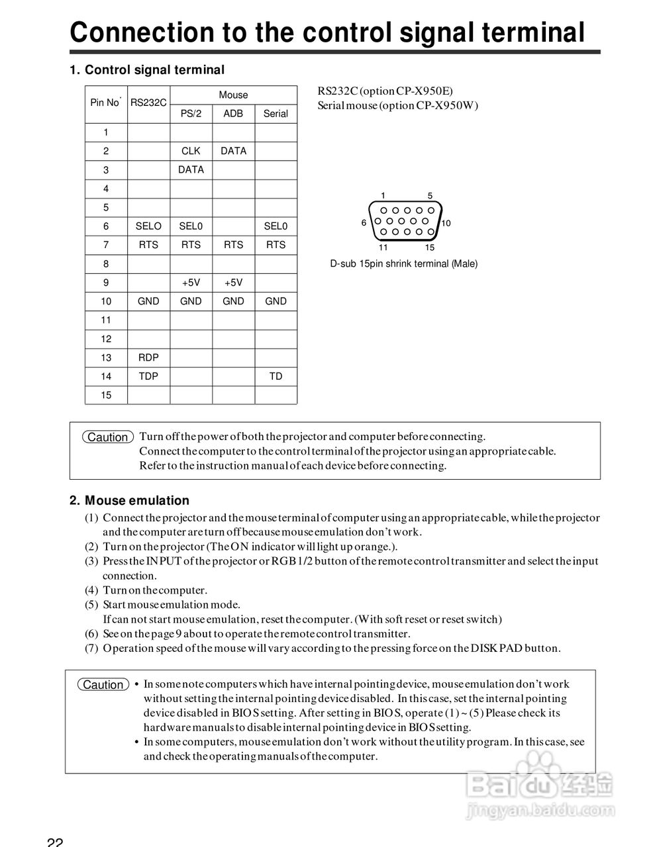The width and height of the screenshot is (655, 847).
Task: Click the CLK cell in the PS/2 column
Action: (x=191, y=151)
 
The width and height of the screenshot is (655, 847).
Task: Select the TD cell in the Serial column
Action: (x=276, y=377)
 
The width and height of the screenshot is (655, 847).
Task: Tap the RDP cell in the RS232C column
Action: (x=148, y=357)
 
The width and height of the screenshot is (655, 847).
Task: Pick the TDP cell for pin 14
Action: (x=148, y=377)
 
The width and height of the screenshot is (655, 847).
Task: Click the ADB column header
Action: (x=233, y=114)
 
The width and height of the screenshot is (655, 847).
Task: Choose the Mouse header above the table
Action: (x=233, y=95)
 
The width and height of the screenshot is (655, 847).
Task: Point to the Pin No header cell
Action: (x=105, y=103)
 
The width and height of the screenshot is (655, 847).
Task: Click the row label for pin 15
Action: (x=106, y=395)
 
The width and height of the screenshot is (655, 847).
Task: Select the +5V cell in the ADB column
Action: (x=233, y=283)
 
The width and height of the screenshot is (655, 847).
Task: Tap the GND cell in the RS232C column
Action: (x=148, y=301)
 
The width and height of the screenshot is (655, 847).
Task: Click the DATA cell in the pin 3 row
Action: (x=191, y=170)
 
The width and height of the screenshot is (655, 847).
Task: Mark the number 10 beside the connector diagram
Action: (x=446, y=224)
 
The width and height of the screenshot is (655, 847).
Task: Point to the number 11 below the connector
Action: (x=383, y=247)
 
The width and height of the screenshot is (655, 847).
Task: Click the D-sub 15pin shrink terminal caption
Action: (x=403, y=264)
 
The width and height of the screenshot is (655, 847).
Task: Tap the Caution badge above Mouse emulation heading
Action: (x=108, y=437)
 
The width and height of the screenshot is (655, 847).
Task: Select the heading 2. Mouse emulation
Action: (x=130, y=501)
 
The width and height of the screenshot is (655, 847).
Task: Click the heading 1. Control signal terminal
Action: (x=147, y=70)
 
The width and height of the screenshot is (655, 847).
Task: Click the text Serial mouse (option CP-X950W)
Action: (x=397, y=106)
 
